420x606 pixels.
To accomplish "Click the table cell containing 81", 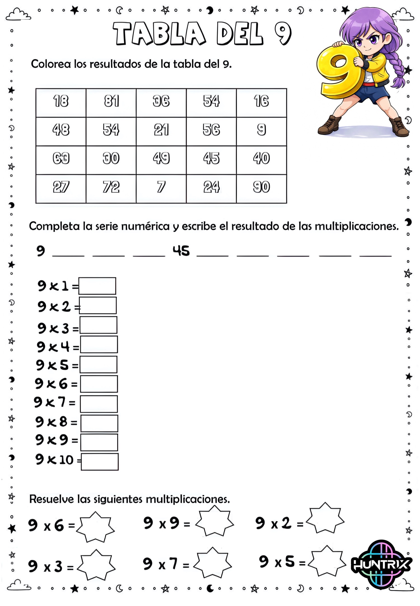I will [111, 102].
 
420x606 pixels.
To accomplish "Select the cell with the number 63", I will [61, 160].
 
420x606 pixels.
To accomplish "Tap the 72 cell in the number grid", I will [111, 188].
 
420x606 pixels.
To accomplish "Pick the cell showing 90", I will [261, 188].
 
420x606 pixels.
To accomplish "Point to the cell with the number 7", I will [161, 188].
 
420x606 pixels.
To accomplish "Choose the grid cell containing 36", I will [161, 102].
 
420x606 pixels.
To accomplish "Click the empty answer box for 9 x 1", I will [97, 286].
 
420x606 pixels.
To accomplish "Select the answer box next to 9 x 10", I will [100, 462].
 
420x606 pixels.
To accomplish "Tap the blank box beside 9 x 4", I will [99, 344].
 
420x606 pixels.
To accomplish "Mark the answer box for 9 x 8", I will [99, 423].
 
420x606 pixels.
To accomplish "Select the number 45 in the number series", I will [181, 251].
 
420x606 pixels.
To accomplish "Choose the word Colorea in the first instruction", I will [51, 64].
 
